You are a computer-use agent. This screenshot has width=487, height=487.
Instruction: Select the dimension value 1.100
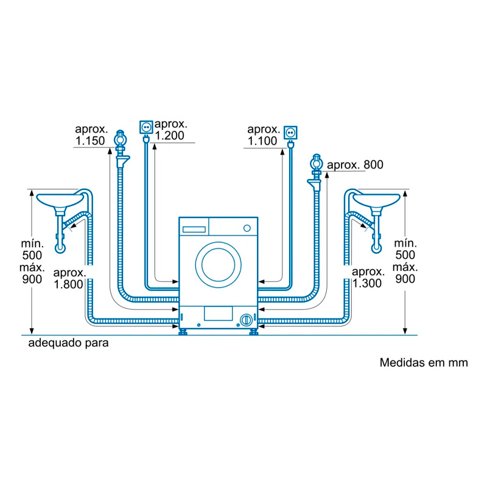pos(262,141)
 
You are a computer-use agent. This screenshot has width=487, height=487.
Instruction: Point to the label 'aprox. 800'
pos(356,166)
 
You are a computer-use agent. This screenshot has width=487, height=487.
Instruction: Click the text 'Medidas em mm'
pos(424,363)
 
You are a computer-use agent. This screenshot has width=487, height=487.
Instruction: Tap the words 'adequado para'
pos(68,343)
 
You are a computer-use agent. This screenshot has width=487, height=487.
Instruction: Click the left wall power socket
pos(146,127)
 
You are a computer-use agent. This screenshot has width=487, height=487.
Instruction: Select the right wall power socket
pos(290,131)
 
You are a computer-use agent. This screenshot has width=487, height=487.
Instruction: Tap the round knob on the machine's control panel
pos(247,228)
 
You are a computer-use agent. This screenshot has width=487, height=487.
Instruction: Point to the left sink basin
pos(60,198)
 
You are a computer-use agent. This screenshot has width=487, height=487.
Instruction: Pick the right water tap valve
pos(316,163)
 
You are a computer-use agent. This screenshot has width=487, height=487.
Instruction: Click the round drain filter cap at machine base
pos(246,318)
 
